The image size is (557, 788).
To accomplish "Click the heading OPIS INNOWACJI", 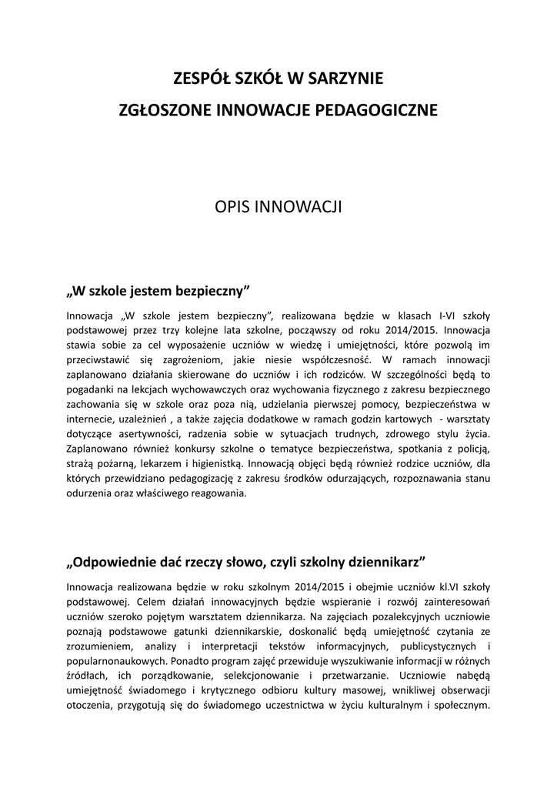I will (x=278, y=207).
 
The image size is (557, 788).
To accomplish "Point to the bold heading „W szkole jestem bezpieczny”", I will (x=159, y=292).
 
